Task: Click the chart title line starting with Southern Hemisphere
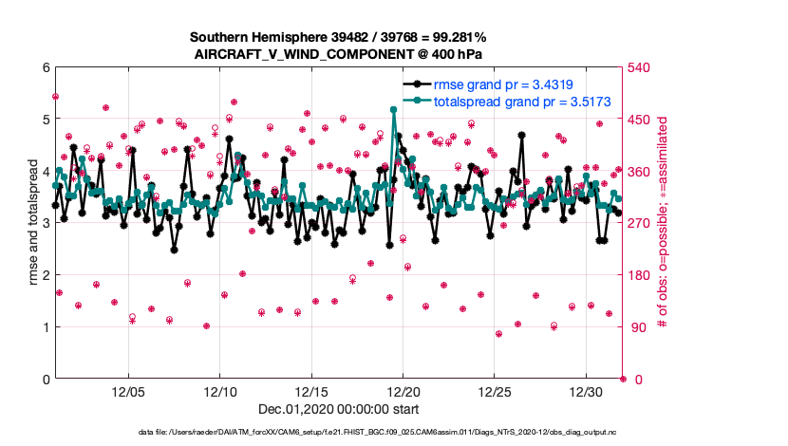pyautogui.click(x=338, y=37)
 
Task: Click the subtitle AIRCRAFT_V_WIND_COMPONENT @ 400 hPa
pyautogui.click(x=338, y=54)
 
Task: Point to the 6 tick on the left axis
pyautogui.click(x=46, y=67)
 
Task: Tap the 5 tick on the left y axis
pyautogui.click(x=46, y=120)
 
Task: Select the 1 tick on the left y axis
pyautogui.click(x=46, y=327)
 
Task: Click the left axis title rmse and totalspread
pyautogui.click(x=31, y=223)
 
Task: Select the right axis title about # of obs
pyautogui.click(x=662, y=223)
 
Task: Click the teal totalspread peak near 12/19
pyautogui.click(x=393, y=109)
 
